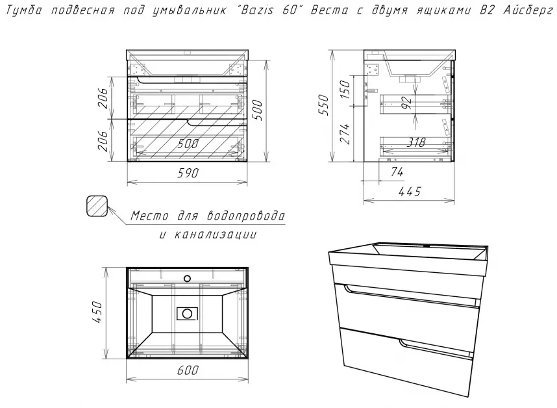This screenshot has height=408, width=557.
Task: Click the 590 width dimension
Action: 188,173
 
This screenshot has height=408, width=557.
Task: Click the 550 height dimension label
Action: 323,104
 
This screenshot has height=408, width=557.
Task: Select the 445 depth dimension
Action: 410,192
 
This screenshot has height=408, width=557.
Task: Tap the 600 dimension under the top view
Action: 188,370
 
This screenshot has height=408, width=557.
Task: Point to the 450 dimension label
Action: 97,312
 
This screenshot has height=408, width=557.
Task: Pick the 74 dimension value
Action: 397,172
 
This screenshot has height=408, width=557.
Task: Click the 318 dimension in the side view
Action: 415,142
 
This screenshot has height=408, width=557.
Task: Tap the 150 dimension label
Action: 345,89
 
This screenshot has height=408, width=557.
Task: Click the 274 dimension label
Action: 345,134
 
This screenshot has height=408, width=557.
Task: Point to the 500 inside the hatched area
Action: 188,144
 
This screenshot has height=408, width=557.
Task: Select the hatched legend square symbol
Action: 97,206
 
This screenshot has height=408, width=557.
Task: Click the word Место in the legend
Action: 149,216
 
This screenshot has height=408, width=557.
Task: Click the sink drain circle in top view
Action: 187,313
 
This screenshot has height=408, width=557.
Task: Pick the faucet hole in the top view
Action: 187,278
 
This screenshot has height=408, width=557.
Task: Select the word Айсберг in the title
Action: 528,10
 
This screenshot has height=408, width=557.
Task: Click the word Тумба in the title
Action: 24,10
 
